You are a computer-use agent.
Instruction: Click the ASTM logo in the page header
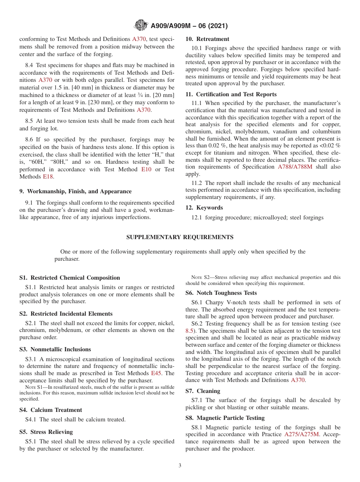point(141,26)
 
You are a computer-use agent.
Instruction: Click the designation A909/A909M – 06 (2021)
point(189,26)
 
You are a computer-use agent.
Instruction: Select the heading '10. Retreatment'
point(207,39)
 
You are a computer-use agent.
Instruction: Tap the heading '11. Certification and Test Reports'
point(231,94)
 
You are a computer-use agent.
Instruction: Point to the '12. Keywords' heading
point(204,208)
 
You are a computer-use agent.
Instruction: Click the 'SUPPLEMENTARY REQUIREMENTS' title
point(180,237)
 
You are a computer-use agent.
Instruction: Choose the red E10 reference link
point(146,169)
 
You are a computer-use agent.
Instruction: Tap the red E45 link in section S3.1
point(156,373)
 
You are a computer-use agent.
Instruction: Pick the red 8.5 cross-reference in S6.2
point(189,331)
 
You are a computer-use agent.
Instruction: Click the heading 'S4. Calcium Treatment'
point(50,410)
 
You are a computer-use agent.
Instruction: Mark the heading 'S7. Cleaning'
point(203,391)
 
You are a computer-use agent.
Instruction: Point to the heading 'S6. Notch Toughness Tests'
point(221,293)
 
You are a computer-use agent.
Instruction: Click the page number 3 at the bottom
point(180,466)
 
